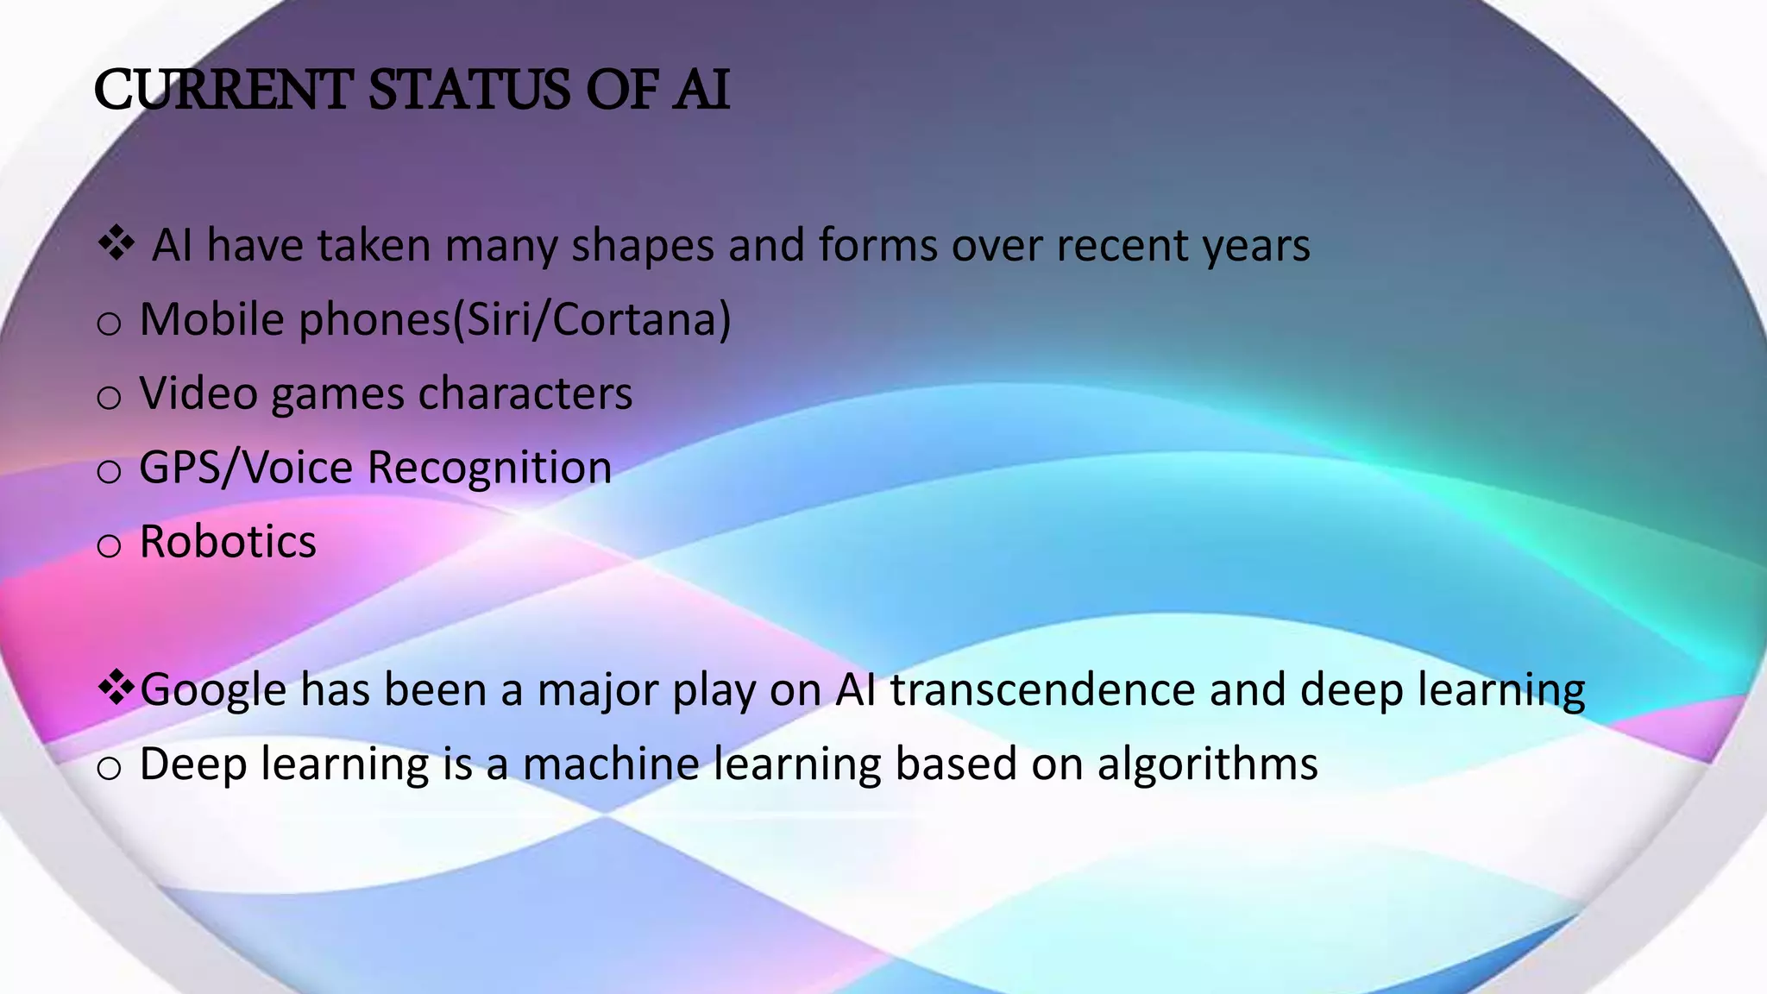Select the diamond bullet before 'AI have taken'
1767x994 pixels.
116,245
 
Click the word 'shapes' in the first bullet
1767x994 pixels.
642,247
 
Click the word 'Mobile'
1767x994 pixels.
211,319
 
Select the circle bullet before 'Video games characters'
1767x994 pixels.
110,398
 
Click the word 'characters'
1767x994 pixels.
525,394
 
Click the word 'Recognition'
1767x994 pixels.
489,469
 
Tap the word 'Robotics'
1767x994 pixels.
228,542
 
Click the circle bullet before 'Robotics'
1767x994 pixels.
110,546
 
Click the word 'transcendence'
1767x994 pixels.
1041,690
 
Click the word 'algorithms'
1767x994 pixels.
1207,764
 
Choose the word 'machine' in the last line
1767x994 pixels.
611,764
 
